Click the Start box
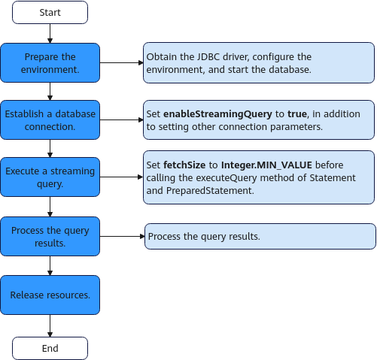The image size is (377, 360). click(x=50, y=12)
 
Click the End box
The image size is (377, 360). click(x=50, y=348)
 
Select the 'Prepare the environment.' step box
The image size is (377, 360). click(x=50, y=62)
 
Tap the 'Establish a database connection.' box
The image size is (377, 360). click(x=50, y=120)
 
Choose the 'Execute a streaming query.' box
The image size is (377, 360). click(x=50, y=177)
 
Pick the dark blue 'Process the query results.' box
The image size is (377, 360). click(x=50, y=236)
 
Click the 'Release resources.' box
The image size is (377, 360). click(x=50, y=295)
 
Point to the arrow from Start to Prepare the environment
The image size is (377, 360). click(x=50, y=34)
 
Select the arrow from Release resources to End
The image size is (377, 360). click(x=50, y=325)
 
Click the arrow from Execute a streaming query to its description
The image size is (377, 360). click(x=121, y=177)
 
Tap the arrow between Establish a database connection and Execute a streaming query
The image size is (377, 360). click(x=50, y=148)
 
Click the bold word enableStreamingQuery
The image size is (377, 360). click(x=217, y=114)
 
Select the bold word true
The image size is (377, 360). click(x=297, y=114)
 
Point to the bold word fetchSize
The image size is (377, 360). click(x=184, y=165)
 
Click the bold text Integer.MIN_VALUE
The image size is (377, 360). click(x=266, y=165)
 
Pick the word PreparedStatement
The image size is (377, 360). click(x=210, y=191)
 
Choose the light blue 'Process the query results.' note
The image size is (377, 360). click(x=260, y=236)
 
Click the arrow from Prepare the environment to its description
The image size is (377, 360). click(x=121, y=62)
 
